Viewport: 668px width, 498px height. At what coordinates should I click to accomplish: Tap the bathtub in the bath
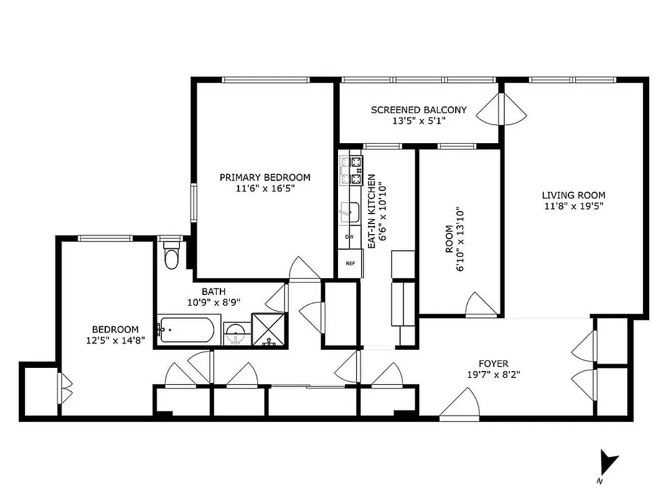point(187,330)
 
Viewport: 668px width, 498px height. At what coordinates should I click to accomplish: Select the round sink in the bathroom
point(236,332)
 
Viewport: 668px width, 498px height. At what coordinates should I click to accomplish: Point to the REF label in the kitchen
point(350,263)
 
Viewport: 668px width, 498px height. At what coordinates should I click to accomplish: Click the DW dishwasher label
point(349,237)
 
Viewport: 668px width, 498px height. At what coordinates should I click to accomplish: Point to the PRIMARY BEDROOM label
point(265,177)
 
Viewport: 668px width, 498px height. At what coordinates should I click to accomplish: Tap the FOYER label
point(493,364)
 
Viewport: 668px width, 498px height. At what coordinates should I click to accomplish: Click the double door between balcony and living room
point(502,110)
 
